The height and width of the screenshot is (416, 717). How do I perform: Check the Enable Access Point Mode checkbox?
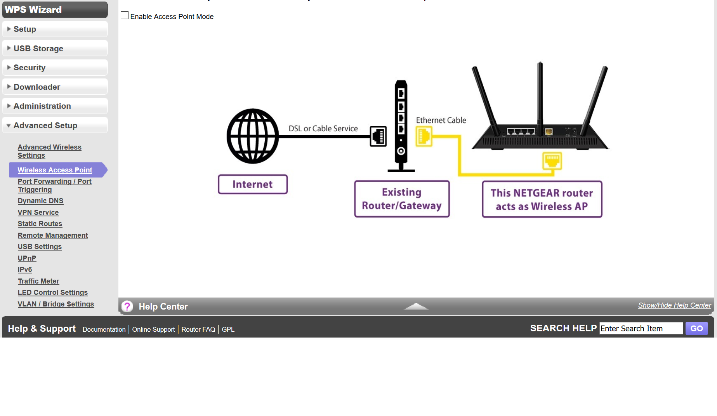coord(125,16)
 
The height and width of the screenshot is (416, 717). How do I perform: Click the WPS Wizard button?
coord(55,10)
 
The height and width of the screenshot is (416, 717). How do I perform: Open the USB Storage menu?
coord(55,49)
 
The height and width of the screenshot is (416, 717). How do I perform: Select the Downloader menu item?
coord(55,87)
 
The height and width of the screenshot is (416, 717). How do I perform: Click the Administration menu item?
coord(55,106)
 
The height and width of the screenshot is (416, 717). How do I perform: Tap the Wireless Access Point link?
coord(55,170)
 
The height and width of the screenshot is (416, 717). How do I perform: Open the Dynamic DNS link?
coord(40,201)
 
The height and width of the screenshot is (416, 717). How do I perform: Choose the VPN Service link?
coord(38,212)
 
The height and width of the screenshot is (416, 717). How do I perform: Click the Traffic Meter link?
coord(38,281)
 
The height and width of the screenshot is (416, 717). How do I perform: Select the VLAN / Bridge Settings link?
coord(56,304)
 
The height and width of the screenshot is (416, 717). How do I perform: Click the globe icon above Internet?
coord(253,136)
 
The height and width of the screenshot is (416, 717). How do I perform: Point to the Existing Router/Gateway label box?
coord(402,199)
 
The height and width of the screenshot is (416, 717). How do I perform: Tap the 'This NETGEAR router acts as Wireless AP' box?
coord(542,199)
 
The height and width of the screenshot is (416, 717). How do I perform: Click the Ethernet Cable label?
coord(441,120)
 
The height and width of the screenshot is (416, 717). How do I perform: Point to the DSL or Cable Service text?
coord(323,129)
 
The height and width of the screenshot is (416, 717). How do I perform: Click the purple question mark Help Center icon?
coord(127,306)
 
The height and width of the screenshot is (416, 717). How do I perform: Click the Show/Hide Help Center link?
coord(674,305)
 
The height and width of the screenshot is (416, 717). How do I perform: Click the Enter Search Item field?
coord(641,329)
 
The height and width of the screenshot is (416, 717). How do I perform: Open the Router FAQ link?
coord(198,329)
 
